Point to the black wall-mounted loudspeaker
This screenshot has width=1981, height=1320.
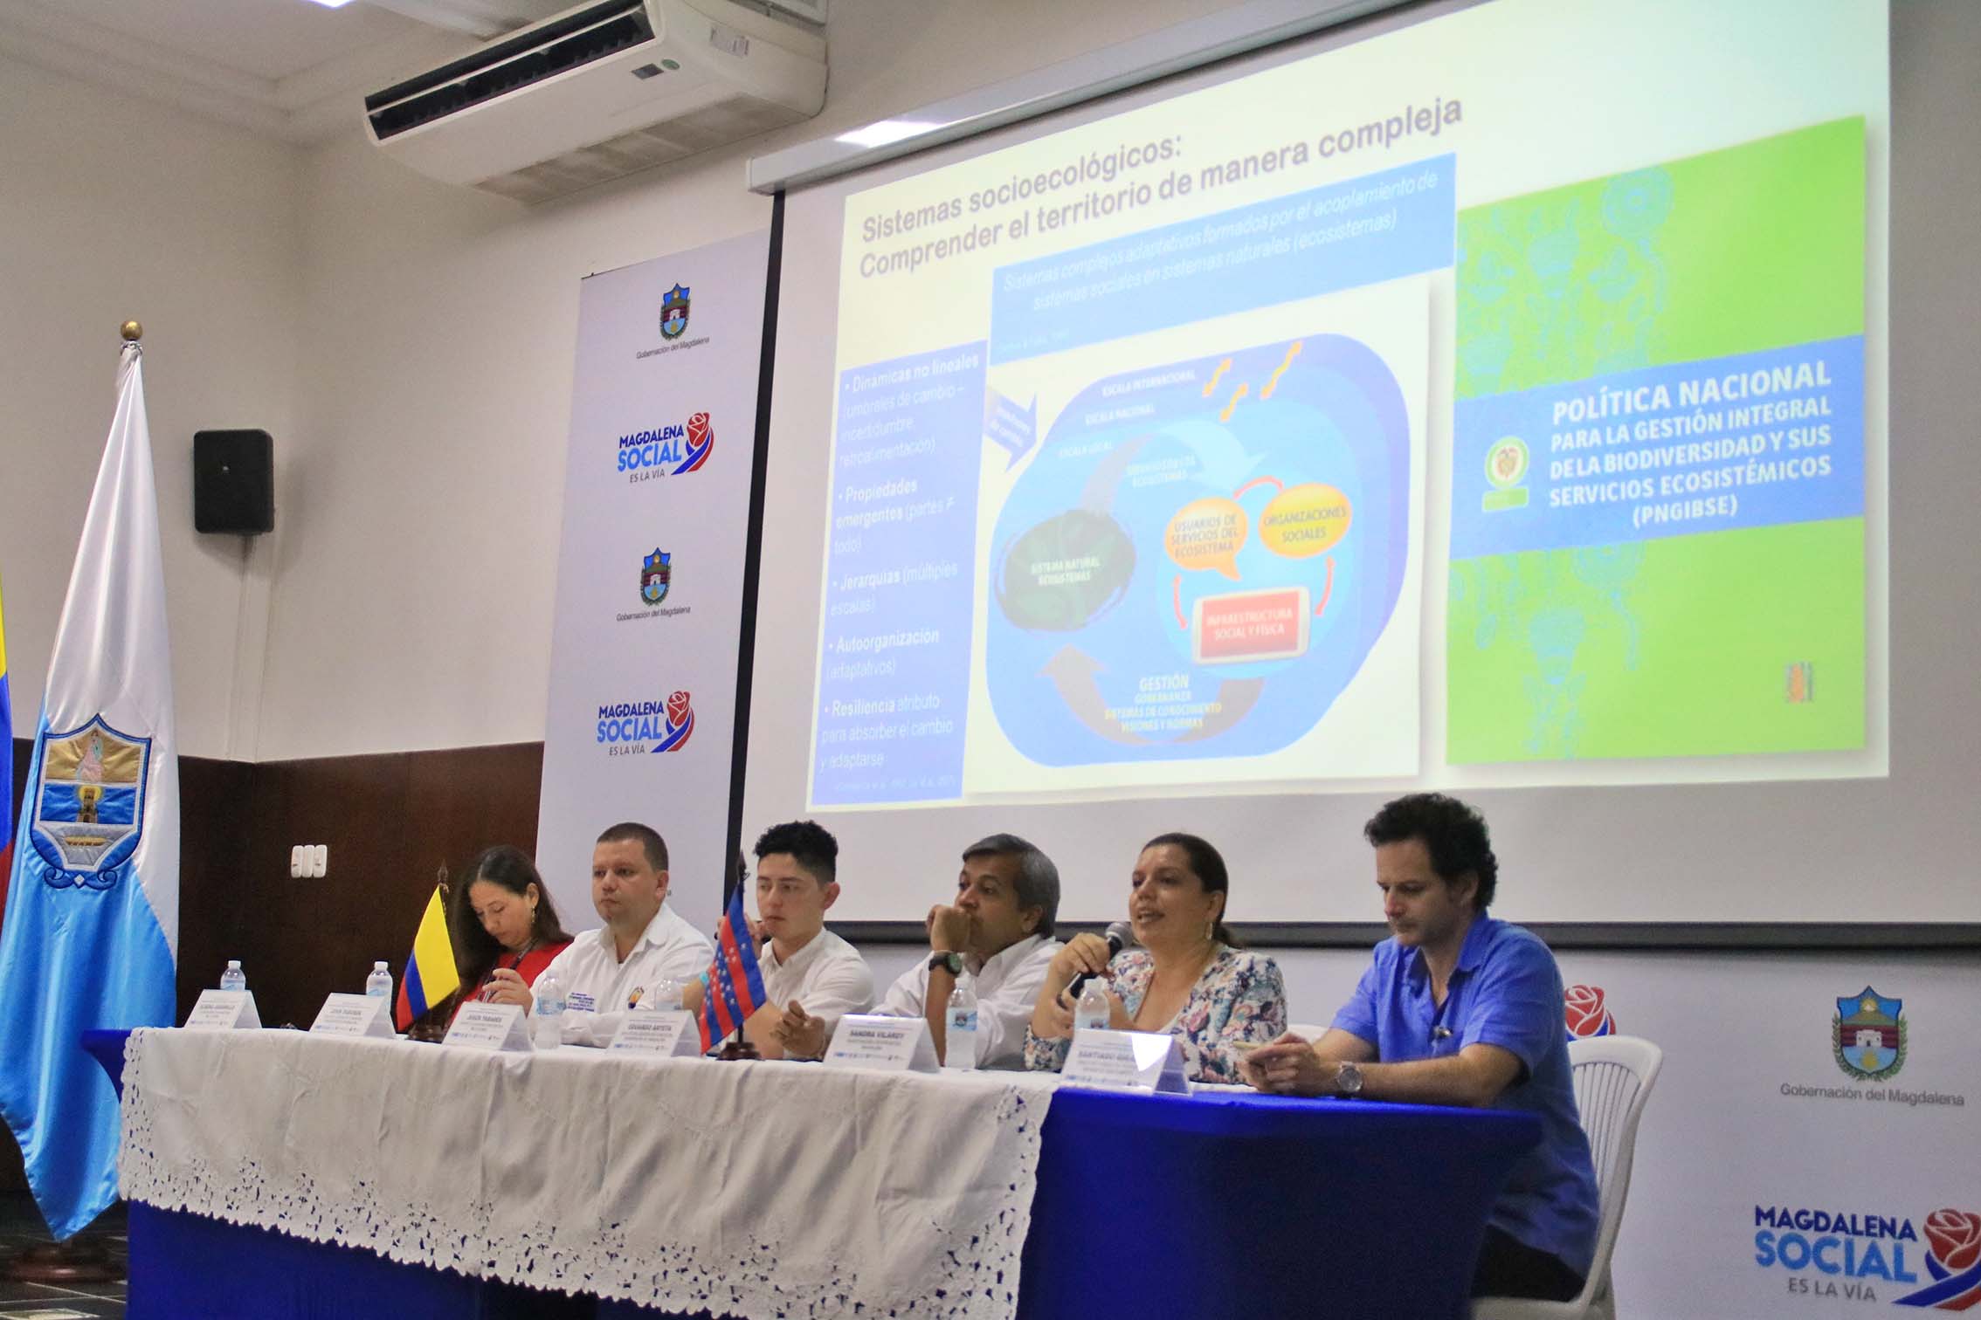233,481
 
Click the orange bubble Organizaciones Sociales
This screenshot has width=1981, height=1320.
1305,523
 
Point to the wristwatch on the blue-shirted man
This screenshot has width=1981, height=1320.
1349,1077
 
